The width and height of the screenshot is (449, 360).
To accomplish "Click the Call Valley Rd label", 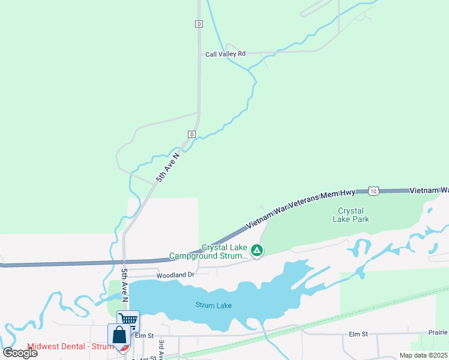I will (x=225, y=54).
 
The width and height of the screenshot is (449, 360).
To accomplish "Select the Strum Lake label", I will (x=213, y=305).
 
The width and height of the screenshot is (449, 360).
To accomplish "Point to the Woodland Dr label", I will (x=176, y=275).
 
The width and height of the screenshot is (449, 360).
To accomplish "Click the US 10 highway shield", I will (x=374, y=191).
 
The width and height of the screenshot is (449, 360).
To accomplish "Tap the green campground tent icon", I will (x=257, y=250).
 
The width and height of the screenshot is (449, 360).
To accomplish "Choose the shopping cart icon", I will (x=128, y=319).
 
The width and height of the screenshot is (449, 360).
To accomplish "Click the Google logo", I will (x=20, y=353).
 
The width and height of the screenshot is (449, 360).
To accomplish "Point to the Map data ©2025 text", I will (x=424, y=355).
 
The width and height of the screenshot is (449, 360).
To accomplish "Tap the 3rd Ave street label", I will (x=161, y=347).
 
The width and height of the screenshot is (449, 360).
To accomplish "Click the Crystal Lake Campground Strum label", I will (x=208, y=252).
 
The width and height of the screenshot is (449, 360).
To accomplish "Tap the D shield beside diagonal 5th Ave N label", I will (x=191, y=133).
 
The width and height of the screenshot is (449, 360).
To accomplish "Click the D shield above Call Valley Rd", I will (x=199, y=24).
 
